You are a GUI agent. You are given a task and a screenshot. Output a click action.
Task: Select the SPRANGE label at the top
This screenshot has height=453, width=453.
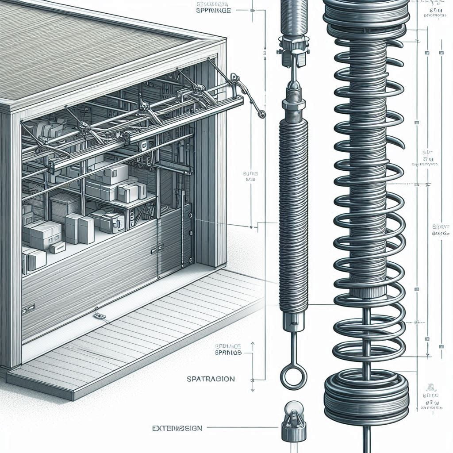(x=214, y=9)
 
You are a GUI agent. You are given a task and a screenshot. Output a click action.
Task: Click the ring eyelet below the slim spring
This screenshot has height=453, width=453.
(x=293, y=378)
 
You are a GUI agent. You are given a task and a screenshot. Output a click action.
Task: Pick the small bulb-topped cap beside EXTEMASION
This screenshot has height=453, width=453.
(x=292, y=424)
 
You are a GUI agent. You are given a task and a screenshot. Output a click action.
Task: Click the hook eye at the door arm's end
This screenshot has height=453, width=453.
(x=262, y=115)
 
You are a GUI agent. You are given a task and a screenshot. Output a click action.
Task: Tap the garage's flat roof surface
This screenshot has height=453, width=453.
(x=88, y=44)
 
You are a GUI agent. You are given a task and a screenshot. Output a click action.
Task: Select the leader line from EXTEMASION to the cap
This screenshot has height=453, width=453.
(x=243, y=428)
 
